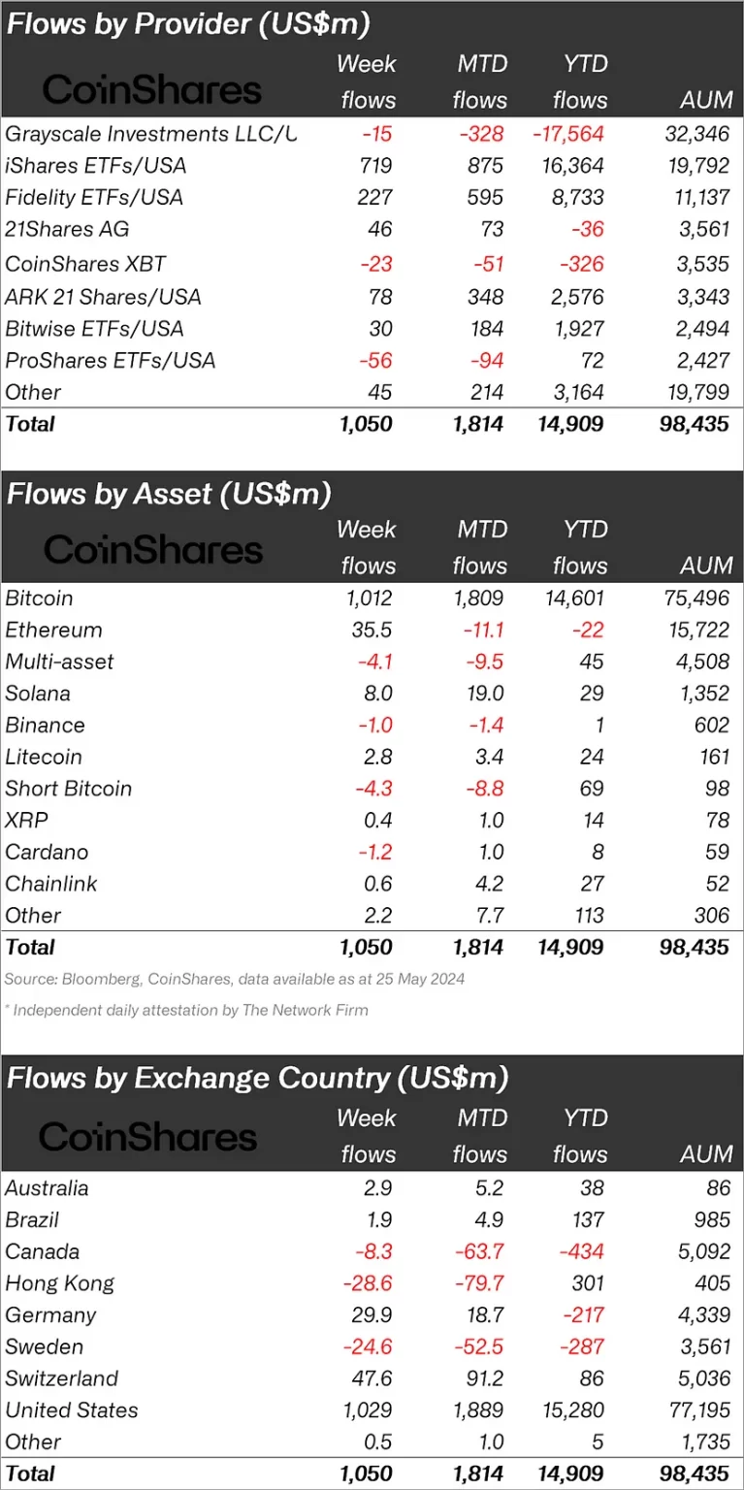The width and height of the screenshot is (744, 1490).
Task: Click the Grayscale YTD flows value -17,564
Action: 568,134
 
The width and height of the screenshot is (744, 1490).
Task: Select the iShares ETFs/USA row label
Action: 95,166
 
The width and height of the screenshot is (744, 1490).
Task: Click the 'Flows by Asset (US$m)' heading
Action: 169,494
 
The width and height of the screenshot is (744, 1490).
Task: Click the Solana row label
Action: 38,694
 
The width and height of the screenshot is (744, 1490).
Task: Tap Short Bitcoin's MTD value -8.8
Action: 481,790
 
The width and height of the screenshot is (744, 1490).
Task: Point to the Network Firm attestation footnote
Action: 187,1010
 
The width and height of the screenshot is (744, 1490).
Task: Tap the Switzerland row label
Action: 61,1379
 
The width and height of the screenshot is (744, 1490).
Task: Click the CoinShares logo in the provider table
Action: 152,91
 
